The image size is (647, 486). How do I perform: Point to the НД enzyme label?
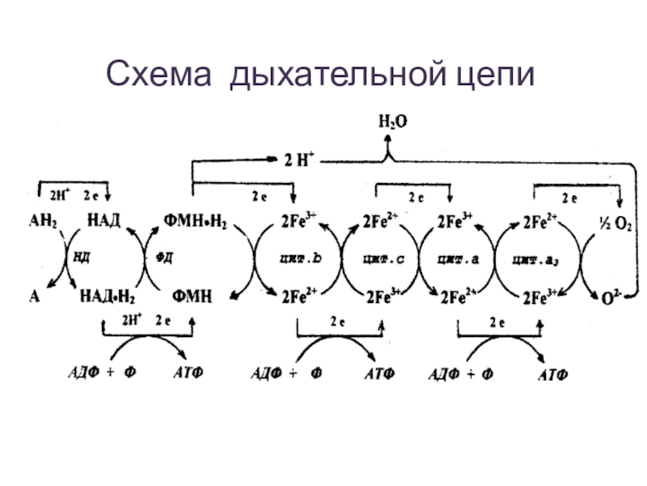[x=81, y=258]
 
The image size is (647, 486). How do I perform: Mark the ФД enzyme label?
[x=164, y=258]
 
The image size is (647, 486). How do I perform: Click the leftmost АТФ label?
[x=189, y=373]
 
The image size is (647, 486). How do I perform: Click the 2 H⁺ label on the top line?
[x=298, y=160]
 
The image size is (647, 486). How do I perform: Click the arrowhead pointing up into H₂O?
[x=388, y=139]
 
